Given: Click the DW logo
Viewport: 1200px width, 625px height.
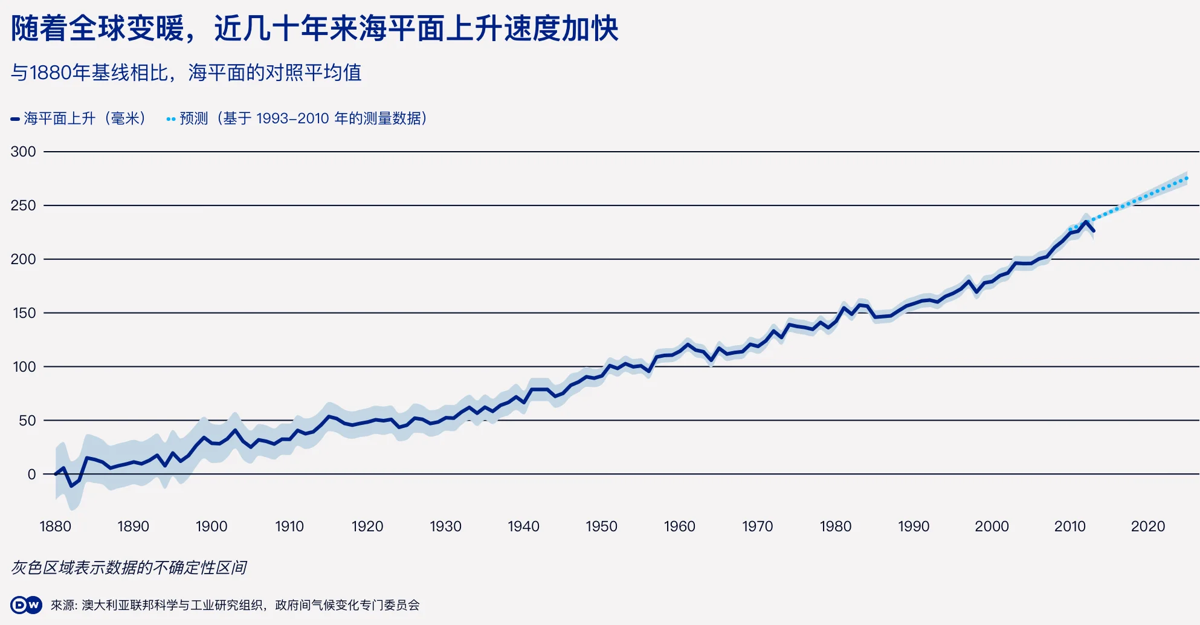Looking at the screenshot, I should tap(26, 605).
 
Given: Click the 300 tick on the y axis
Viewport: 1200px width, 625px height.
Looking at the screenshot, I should tap(23, 152).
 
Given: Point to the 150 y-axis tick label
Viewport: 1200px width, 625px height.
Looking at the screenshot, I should tap(24, 313).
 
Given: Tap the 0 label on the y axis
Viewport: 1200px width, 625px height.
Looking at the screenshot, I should tap(31, 474).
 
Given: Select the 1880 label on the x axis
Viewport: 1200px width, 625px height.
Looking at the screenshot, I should tap(55, 526).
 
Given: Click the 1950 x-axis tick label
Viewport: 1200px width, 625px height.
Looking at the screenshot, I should tap(601, 526).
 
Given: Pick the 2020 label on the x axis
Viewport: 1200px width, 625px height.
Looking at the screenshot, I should tap(1147, 526).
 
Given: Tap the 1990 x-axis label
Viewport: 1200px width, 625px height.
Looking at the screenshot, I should tap(914, 526).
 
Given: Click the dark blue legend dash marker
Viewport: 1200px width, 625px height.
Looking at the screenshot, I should tap(15, 119).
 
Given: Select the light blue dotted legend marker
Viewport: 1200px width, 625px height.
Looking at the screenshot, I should tap(171, 119).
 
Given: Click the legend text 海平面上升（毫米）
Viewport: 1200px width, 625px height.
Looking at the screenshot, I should tap(85, 118).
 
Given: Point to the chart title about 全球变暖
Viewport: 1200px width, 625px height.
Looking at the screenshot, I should tap(315, 28).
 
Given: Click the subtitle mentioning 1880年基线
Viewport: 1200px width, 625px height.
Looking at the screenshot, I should tap(186, 73).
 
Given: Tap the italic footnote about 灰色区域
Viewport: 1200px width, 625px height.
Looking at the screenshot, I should tap(129, 568).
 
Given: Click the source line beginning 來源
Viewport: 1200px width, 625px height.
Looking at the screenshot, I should tap(235, 605).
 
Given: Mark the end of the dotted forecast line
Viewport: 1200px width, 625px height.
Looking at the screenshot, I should tap(1187, 178).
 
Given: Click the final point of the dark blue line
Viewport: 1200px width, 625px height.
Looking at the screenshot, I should tap(1094, 231).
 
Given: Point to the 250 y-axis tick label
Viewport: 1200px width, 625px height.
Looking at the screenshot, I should tap(23, 206).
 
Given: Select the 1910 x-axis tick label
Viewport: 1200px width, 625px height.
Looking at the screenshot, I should tap(289, 526).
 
